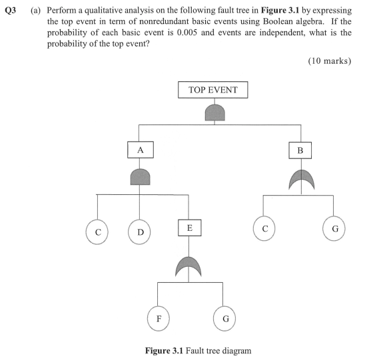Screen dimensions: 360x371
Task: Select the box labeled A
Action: [140, 150]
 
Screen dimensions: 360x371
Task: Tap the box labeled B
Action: [300, 150]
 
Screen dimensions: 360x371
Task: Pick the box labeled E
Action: [190, 228]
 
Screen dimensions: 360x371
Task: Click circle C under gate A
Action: [98, 232]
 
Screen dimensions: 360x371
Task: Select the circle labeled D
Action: [140, 232]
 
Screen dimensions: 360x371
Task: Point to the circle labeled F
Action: [158, 318]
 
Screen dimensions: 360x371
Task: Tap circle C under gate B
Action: [265, 229]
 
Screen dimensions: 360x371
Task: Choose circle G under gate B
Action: [334, 229]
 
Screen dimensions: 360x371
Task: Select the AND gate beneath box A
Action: [140, 176]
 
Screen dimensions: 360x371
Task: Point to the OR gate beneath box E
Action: [190, 266]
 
